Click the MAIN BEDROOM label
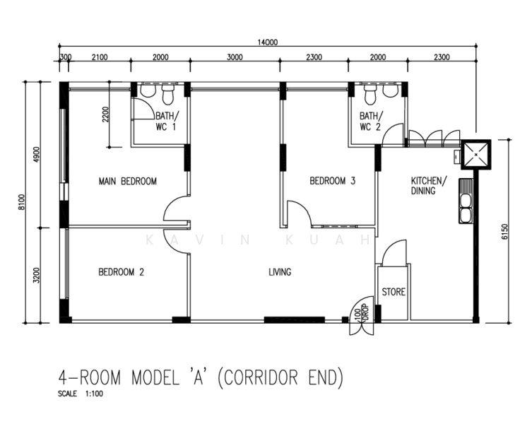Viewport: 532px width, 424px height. point(127,182)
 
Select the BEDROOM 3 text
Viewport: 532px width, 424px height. point(332,182)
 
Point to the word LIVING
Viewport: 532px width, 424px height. point(280,271)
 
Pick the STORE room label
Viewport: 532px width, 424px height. point(394,292)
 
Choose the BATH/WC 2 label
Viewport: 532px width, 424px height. point(370,122)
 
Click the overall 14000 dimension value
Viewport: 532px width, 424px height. point(268,42)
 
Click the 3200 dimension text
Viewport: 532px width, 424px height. point(37,275)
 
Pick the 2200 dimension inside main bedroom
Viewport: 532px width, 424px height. point(105,115)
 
